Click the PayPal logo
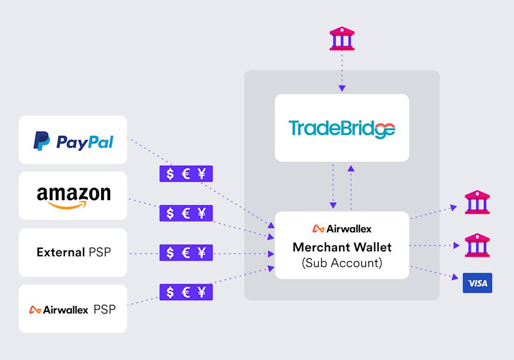click(73, 142)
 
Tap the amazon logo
click(73, 196)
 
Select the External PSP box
click(73, 252)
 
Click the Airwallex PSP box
click(73, 309)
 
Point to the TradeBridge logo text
click(342, 129)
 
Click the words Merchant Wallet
click(342, 247)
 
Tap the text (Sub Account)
click(342, 263)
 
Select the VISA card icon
click(477, 283)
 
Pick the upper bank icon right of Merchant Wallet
click(477, 203)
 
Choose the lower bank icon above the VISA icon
click(477, 245)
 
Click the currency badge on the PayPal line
click(186, 174)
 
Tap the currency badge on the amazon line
click(186, 213)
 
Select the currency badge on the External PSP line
click(186, 252)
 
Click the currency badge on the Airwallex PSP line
click(186, 292)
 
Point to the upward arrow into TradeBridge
click(351, 169)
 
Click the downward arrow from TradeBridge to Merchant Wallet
click(333, 205)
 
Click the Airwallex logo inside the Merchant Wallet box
click(342, 228)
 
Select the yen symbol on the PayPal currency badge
click(202, 174)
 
